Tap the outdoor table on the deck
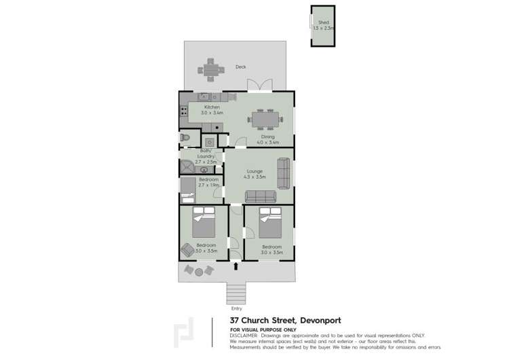tap(210, 69)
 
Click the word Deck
tap(240, 67)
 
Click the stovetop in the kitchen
tap(183, 111)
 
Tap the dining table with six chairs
tap(264, 120)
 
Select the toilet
tap(185, 138)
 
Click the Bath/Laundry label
tap(206, 156)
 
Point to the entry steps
tap(235, 294)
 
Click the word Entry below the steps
tap(236, 309)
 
